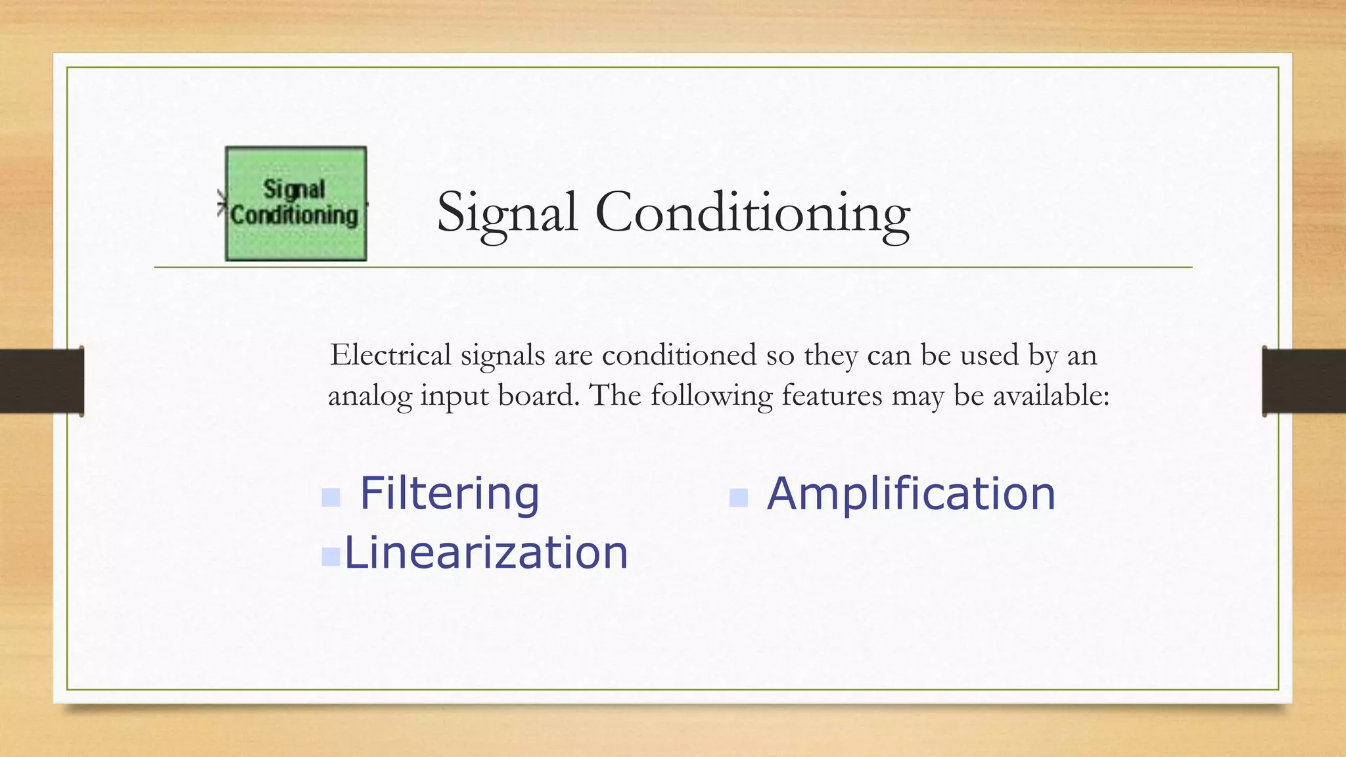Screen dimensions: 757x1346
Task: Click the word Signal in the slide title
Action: point(507,213)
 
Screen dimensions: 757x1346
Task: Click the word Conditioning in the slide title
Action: point(753,213)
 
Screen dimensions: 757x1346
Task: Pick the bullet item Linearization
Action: point(486,552)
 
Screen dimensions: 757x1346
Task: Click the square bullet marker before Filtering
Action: point(331,497)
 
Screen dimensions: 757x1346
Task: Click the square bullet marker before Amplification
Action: point(739,497)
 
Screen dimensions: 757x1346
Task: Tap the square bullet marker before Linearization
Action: point(331,557)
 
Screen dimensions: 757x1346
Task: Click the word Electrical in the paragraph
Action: point(390,356)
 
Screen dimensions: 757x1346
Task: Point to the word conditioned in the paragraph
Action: point(679,356)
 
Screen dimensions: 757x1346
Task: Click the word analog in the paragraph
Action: point(369,396)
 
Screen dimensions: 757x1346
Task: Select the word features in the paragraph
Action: point(831,396)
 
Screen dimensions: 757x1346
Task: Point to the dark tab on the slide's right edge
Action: point(1304,381)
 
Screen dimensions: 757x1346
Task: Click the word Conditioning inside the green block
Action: point(294,216)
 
